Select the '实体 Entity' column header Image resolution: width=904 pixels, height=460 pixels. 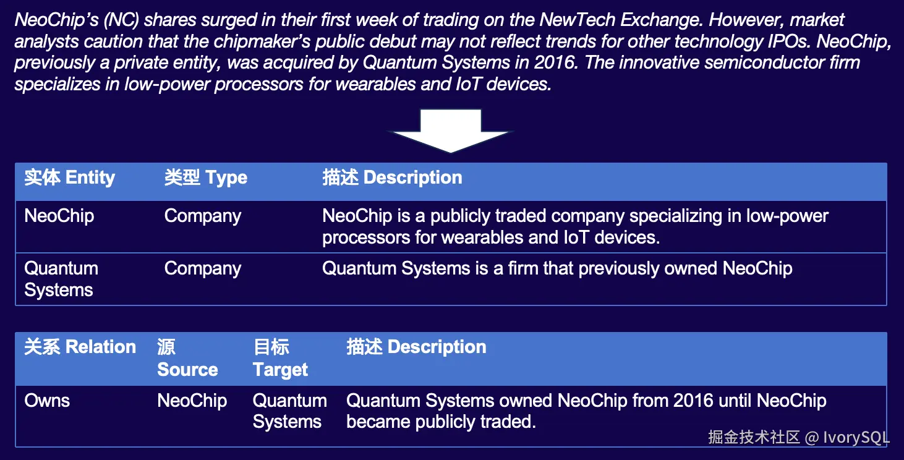(70, 177)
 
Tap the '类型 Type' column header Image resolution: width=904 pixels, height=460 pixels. (206, 177)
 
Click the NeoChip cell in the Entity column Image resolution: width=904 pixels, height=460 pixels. (59, 216)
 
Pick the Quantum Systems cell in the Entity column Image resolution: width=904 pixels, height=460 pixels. (61, 279)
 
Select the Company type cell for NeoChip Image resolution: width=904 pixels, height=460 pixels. (203, 216)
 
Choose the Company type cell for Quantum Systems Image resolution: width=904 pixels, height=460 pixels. (203, 269)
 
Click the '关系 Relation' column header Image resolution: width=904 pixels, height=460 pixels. (80, 347)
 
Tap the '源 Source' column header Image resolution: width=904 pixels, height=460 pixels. (187, 358)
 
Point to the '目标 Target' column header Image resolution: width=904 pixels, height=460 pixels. (281, 359)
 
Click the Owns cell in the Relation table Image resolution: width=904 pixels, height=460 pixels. (47, 401)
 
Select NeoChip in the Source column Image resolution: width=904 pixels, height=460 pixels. (192, 401)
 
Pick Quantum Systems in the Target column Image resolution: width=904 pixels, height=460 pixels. (290, 411)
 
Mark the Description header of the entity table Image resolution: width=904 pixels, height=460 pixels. (392, 177)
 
